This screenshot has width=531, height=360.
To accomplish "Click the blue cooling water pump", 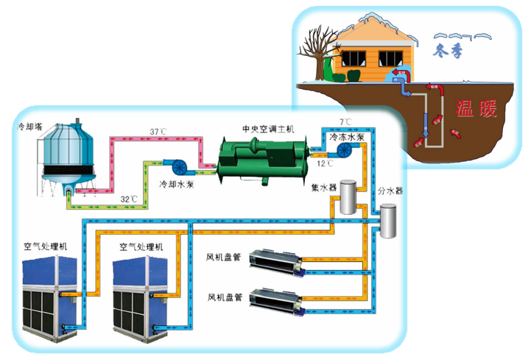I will pos(180,166).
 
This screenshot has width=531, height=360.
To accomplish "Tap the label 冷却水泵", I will pos(175,183).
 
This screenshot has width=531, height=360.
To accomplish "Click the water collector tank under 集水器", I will pos(346,197).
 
